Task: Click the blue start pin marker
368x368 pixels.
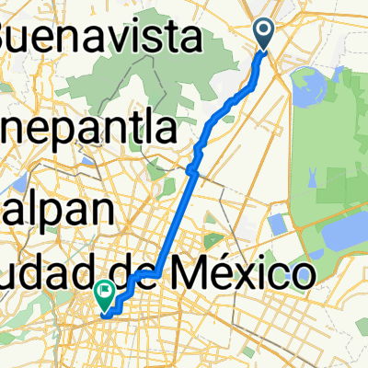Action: [264, 35]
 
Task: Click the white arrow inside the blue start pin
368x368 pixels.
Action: [264, 33]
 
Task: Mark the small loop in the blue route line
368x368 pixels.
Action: [192, 169]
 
